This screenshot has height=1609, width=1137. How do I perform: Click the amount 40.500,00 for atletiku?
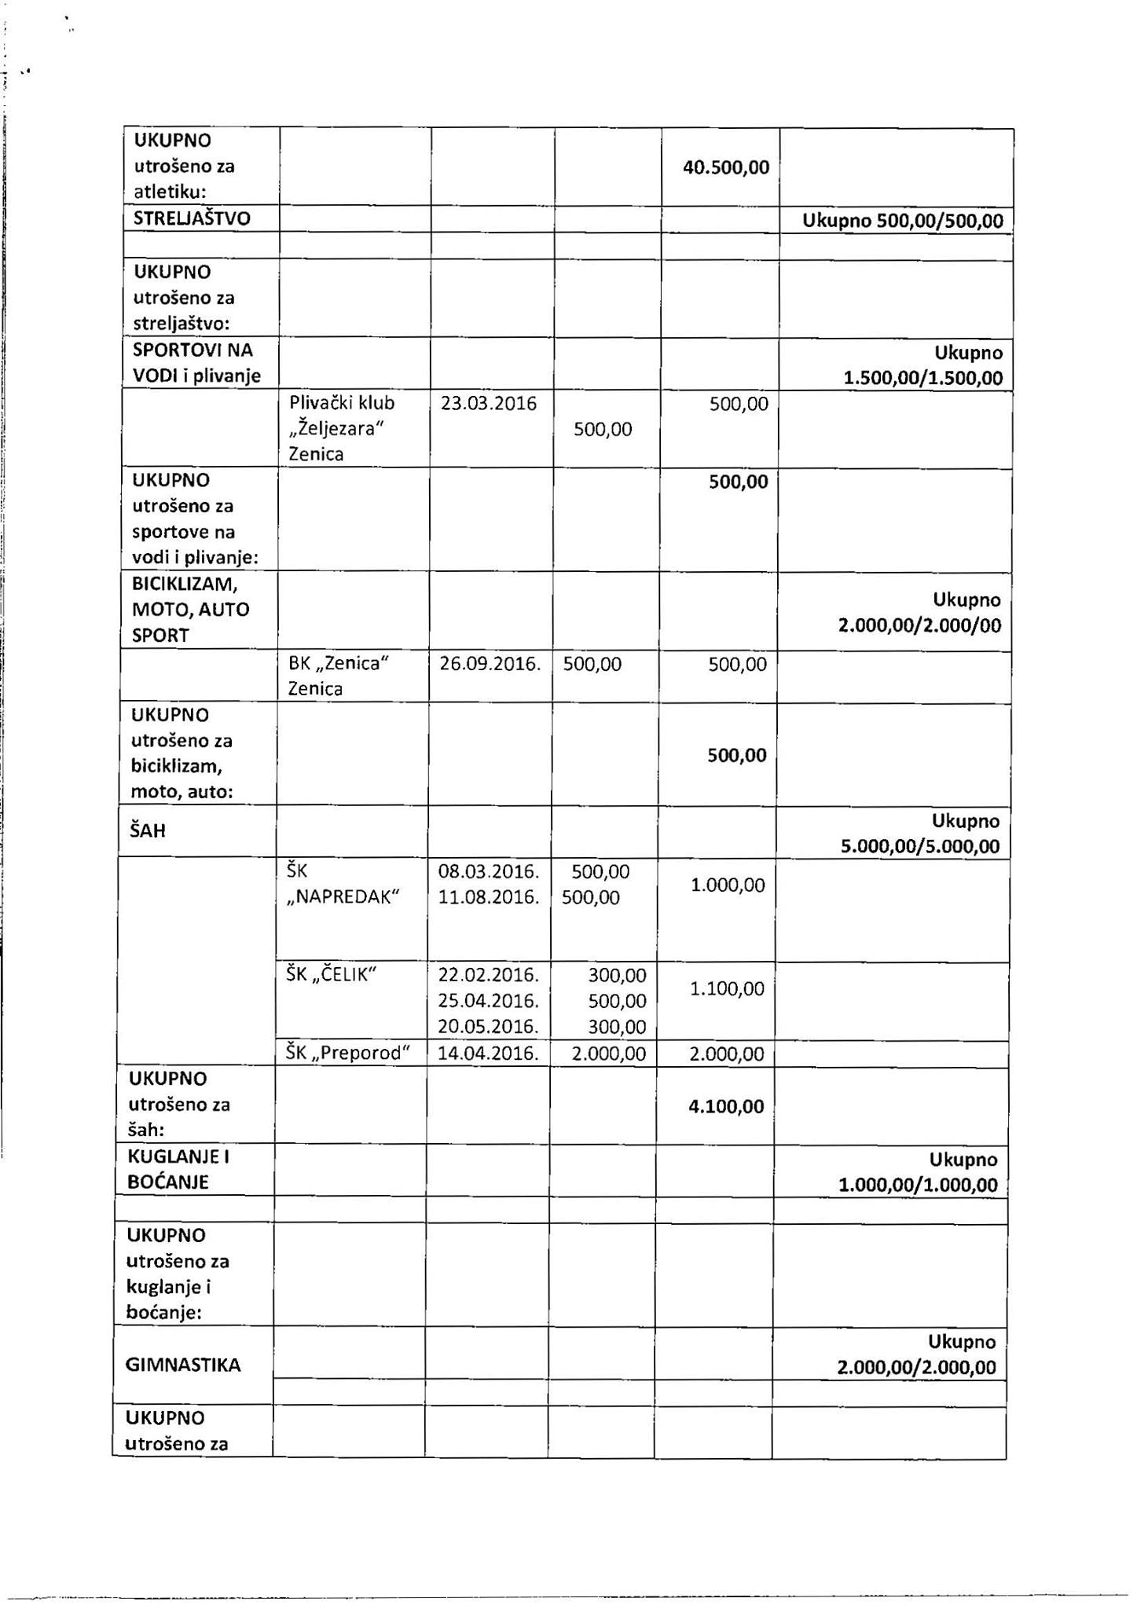(x=725, y=167)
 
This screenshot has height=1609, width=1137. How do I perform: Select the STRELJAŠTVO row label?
(x=192, y=218)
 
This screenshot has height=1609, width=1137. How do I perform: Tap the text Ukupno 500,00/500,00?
(x=902, y=221)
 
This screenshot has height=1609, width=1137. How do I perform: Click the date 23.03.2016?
(x=489, y=404)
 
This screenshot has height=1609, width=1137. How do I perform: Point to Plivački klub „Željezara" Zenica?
(x=342, y=428)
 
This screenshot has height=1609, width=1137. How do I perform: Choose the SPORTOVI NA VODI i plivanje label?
(x=196, y=363)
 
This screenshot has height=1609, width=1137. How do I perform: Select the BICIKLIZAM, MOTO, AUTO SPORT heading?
(x=190, y=610)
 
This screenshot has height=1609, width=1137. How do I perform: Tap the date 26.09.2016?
(x=490, y=664)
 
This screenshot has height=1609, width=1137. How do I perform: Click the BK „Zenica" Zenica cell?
(x=339, y=676)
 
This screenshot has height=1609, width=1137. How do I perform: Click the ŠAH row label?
(x=148, y=830)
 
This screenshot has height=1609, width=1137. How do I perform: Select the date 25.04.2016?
(x=488, y=1001)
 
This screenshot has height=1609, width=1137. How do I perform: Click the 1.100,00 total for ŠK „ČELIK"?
(x=727, y=988)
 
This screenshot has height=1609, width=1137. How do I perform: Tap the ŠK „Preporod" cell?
(x=348, y=1053)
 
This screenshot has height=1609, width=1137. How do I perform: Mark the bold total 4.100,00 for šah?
(x=726, y=1106)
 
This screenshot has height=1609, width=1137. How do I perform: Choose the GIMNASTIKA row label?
(x=183, y=1365)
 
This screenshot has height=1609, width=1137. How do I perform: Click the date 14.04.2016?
(x=488, y=1054)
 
